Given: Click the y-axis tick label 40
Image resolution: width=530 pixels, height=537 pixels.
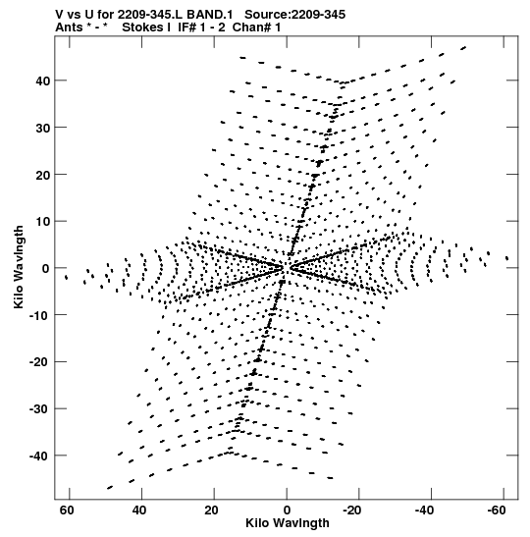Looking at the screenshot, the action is pos(42,81).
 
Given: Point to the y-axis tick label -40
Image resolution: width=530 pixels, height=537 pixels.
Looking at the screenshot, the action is pos(39,456).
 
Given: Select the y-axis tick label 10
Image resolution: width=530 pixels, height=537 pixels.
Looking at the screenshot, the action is pos(42,222).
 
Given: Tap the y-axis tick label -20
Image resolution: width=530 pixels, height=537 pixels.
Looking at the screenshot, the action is pos(39,362).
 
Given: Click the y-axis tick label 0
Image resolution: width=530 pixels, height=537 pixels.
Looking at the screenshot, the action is pos(46,269).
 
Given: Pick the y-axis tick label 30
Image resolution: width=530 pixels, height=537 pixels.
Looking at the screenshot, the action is pos(42,128).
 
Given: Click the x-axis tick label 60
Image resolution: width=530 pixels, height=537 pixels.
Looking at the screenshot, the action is pos(67,510).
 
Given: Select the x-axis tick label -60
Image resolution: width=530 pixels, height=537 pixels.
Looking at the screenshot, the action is pos(496,510).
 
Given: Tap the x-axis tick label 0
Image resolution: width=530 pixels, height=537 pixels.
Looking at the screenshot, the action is pos(287,510).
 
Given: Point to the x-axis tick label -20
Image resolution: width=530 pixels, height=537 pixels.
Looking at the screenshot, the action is pos(351,510).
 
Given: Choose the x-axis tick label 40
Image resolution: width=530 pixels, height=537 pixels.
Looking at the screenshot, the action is pos(139,510).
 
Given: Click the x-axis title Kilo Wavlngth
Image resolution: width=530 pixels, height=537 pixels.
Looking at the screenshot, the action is pos(288,523).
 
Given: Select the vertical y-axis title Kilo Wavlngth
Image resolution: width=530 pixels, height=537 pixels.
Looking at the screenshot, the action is pos(19,267).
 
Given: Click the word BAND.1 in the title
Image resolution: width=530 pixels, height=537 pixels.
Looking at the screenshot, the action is pos(209,15).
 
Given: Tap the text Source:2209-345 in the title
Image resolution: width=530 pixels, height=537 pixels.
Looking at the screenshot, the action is pos(294,15).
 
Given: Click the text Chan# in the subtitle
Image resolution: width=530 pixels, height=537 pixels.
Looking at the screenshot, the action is pos(252,27).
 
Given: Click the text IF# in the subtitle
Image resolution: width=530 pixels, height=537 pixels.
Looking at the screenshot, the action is pos(187,27).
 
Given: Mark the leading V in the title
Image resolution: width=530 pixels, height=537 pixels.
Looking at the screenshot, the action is pos(59,15).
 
